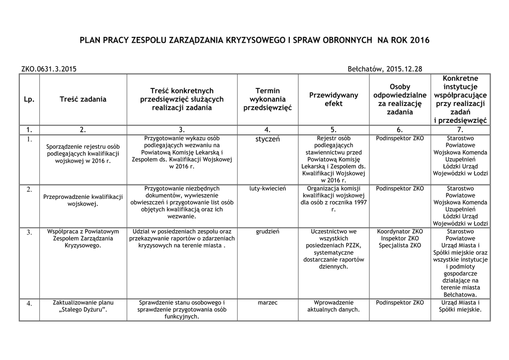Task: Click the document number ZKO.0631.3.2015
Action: pos(49,69)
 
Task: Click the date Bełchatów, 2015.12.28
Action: pos(385,69)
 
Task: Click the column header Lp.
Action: pos(29,99)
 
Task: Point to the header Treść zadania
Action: pos(83,99)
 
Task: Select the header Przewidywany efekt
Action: pos(334,99)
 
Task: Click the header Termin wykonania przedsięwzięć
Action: pos(267,99)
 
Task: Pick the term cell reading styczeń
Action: pos(267,139)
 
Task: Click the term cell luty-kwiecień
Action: pos(267,189)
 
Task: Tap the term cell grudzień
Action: pos(267,232)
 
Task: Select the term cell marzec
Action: pos(267,302)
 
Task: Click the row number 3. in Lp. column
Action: pos(29,232)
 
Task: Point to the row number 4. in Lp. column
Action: pos(29,303)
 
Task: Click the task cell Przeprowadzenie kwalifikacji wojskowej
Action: pos(83,200)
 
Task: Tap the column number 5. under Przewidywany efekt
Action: pos(334,130)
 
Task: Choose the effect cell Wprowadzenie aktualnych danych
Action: pos(334,306)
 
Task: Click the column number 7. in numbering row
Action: pos(460,130)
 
